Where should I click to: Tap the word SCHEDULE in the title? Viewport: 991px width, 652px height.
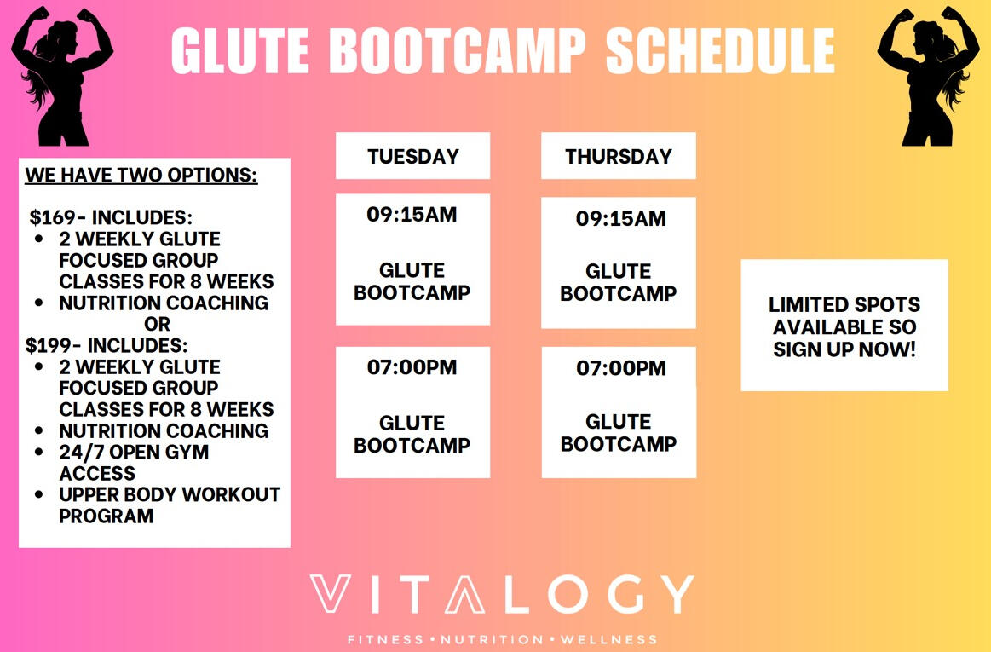coord(720,51)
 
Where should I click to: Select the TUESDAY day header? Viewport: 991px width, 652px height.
coord(412,157)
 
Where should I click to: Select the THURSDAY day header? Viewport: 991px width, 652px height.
coord(618,157)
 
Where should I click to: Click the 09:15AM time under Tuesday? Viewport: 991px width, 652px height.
coord(412,216)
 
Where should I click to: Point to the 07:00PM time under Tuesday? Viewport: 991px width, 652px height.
coord(412,368)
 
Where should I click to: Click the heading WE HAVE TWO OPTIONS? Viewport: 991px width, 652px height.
coord(141,176)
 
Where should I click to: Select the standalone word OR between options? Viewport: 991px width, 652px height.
coord(158,325)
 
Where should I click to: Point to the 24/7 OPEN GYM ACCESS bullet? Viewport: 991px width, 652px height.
coord(133,463)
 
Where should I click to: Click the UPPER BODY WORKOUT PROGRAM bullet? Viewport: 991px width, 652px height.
coord(169,505)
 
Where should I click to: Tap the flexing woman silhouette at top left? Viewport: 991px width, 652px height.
coord(62,75)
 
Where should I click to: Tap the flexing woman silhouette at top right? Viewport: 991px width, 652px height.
coord(928,75)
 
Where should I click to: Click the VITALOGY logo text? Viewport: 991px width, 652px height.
coord(501,595)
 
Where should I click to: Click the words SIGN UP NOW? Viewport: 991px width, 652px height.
coord(844,349)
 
